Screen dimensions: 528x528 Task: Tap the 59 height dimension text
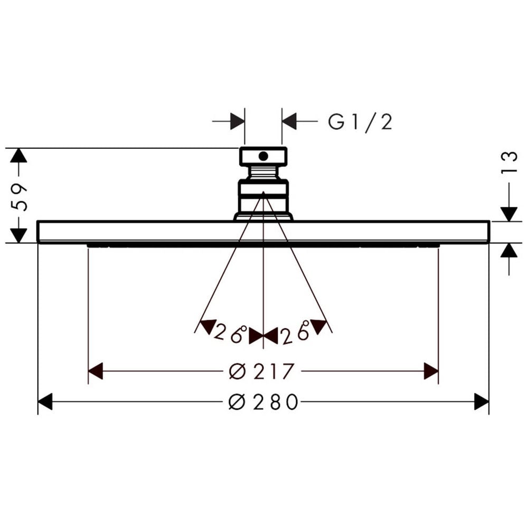[x=18, y=197]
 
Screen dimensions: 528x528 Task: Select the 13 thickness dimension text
[x=508, y=162]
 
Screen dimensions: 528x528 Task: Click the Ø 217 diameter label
[x=261, y=371]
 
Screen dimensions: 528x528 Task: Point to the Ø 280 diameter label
[x=263, y=402]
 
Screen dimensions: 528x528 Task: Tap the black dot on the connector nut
[x=263, y=156]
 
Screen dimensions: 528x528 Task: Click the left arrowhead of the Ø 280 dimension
[x=45, y=401]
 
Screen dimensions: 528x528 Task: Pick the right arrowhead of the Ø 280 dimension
[x=481, y=401]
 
